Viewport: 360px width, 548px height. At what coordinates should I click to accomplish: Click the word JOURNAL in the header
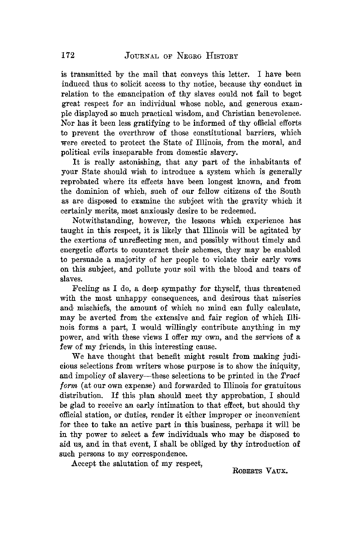coord(141,56)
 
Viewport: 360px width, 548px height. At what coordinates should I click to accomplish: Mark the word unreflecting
coord(136,240)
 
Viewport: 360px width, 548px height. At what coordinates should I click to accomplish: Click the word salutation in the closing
coord(122,464)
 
